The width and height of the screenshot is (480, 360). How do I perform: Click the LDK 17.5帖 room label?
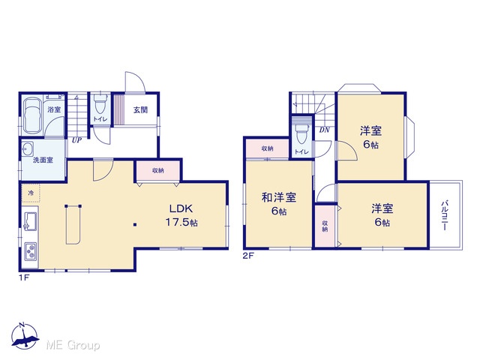[181, 215]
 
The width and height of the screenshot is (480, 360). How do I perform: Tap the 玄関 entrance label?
[140, 109]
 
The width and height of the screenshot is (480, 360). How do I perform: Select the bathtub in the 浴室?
[32, 115]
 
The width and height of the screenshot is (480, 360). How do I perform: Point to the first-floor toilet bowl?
[100, 103]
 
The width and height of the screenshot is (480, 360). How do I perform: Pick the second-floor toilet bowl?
[301, 133]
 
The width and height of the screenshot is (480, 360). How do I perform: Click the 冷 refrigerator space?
[31, 193]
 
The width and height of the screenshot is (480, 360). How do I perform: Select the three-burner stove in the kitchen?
[31, 251]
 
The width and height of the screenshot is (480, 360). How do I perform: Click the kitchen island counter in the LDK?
[73, 224]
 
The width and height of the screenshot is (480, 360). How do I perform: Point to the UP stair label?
[76, 140]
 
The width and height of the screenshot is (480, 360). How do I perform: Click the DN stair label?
[325, 130]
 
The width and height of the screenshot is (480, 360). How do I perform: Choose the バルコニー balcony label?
[445, 215]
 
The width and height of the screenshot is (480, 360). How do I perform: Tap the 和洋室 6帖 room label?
[278, 204]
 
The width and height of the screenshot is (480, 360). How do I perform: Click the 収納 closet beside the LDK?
[158, 170]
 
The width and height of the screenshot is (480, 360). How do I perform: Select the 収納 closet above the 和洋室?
[267, 148]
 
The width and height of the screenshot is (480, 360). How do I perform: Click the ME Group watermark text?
[73, 345]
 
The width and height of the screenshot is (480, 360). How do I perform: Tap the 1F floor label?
[24, 278]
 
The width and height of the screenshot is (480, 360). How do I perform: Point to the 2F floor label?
[248, 256]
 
